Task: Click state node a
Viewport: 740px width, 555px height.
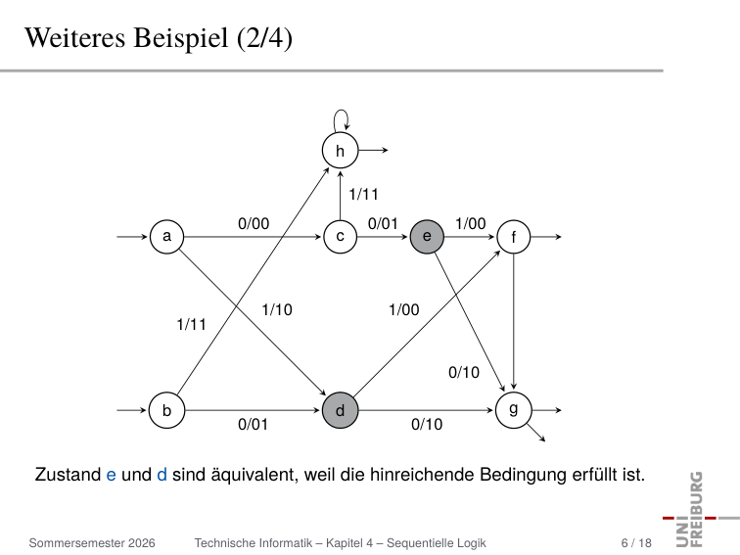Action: tap(166, 237)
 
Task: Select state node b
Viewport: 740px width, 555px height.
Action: tap(166, 410)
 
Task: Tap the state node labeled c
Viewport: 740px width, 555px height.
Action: tap(341, 237)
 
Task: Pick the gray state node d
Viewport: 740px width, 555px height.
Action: tap(341, 410)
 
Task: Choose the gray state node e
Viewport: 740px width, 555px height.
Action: tap(427, 237)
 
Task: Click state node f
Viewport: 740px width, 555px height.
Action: tap(514, 237)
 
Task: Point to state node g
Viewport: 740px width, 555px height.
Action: tap(514, 410)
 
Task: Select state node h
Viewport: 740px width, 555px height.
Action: tap(341, 150)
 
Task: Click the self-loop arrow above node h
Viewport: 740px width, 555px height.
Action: tap(341, 110)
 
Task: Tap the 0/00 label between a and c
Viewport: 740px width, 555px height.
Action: tap(254, 223)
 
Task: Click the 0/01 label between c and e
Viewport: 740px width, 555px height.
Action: tap(383, 223)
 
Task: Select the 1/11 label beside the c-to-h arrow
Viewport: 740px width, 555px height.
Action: tap(363, 194)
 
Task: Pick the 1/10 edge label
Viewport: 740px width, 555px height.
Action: tap(277, 309)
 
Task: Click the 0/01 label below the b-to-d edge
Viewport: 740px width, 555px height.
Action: tap(253, 424)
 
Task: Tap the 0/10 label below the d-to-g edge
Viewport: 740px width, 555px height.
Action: tap(427, 424)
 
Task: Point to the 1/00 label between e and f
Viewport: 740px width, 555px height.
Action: tap(471, 223)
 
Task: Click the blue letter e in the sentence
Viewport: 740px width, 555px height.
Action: tap(111, 475)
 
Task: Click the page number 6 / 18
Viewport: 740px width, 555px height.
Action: tap(636, 543)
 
